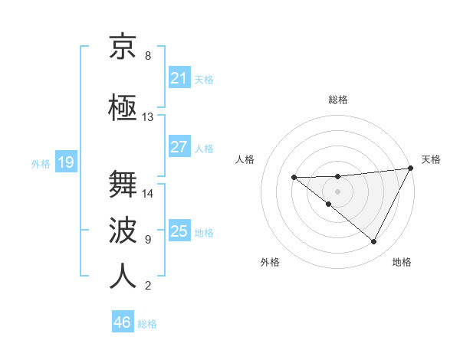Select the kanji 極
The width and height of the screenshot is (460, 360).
123,109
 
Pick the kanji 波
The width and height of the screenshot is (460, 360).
123,231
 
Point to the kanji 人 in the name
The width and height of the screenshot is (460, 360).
123,277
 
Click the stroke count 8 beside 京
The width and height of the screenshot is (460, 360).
147,56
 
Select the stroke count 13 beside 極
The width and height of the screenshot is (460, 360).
147,117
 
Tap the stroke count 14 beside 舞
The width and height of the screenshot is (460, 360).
147,194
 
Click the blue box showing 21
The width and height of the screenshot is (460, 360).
179,77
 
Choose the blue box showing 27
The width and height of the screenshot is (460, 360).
179,147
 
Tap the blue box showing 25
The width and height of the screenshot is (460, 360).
179,231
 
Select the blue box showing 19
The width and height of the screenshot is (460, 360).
65,162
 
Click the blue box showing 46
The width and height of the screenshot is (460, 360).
122,323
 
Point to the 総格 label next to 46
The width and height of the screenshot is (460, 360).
147,325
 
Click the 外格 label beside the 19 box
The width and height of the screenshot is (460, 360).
41,163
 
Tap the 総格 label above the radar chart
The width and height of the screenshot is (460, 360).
337,100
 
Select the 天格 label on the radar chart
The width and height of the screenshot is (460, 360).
431,159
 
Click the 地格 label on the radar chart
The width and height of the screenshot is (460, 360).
402,263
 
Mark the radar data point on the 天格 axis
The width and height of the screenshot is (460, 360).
411,168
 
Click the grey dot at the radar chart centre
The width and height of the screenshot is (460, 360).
337,191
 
